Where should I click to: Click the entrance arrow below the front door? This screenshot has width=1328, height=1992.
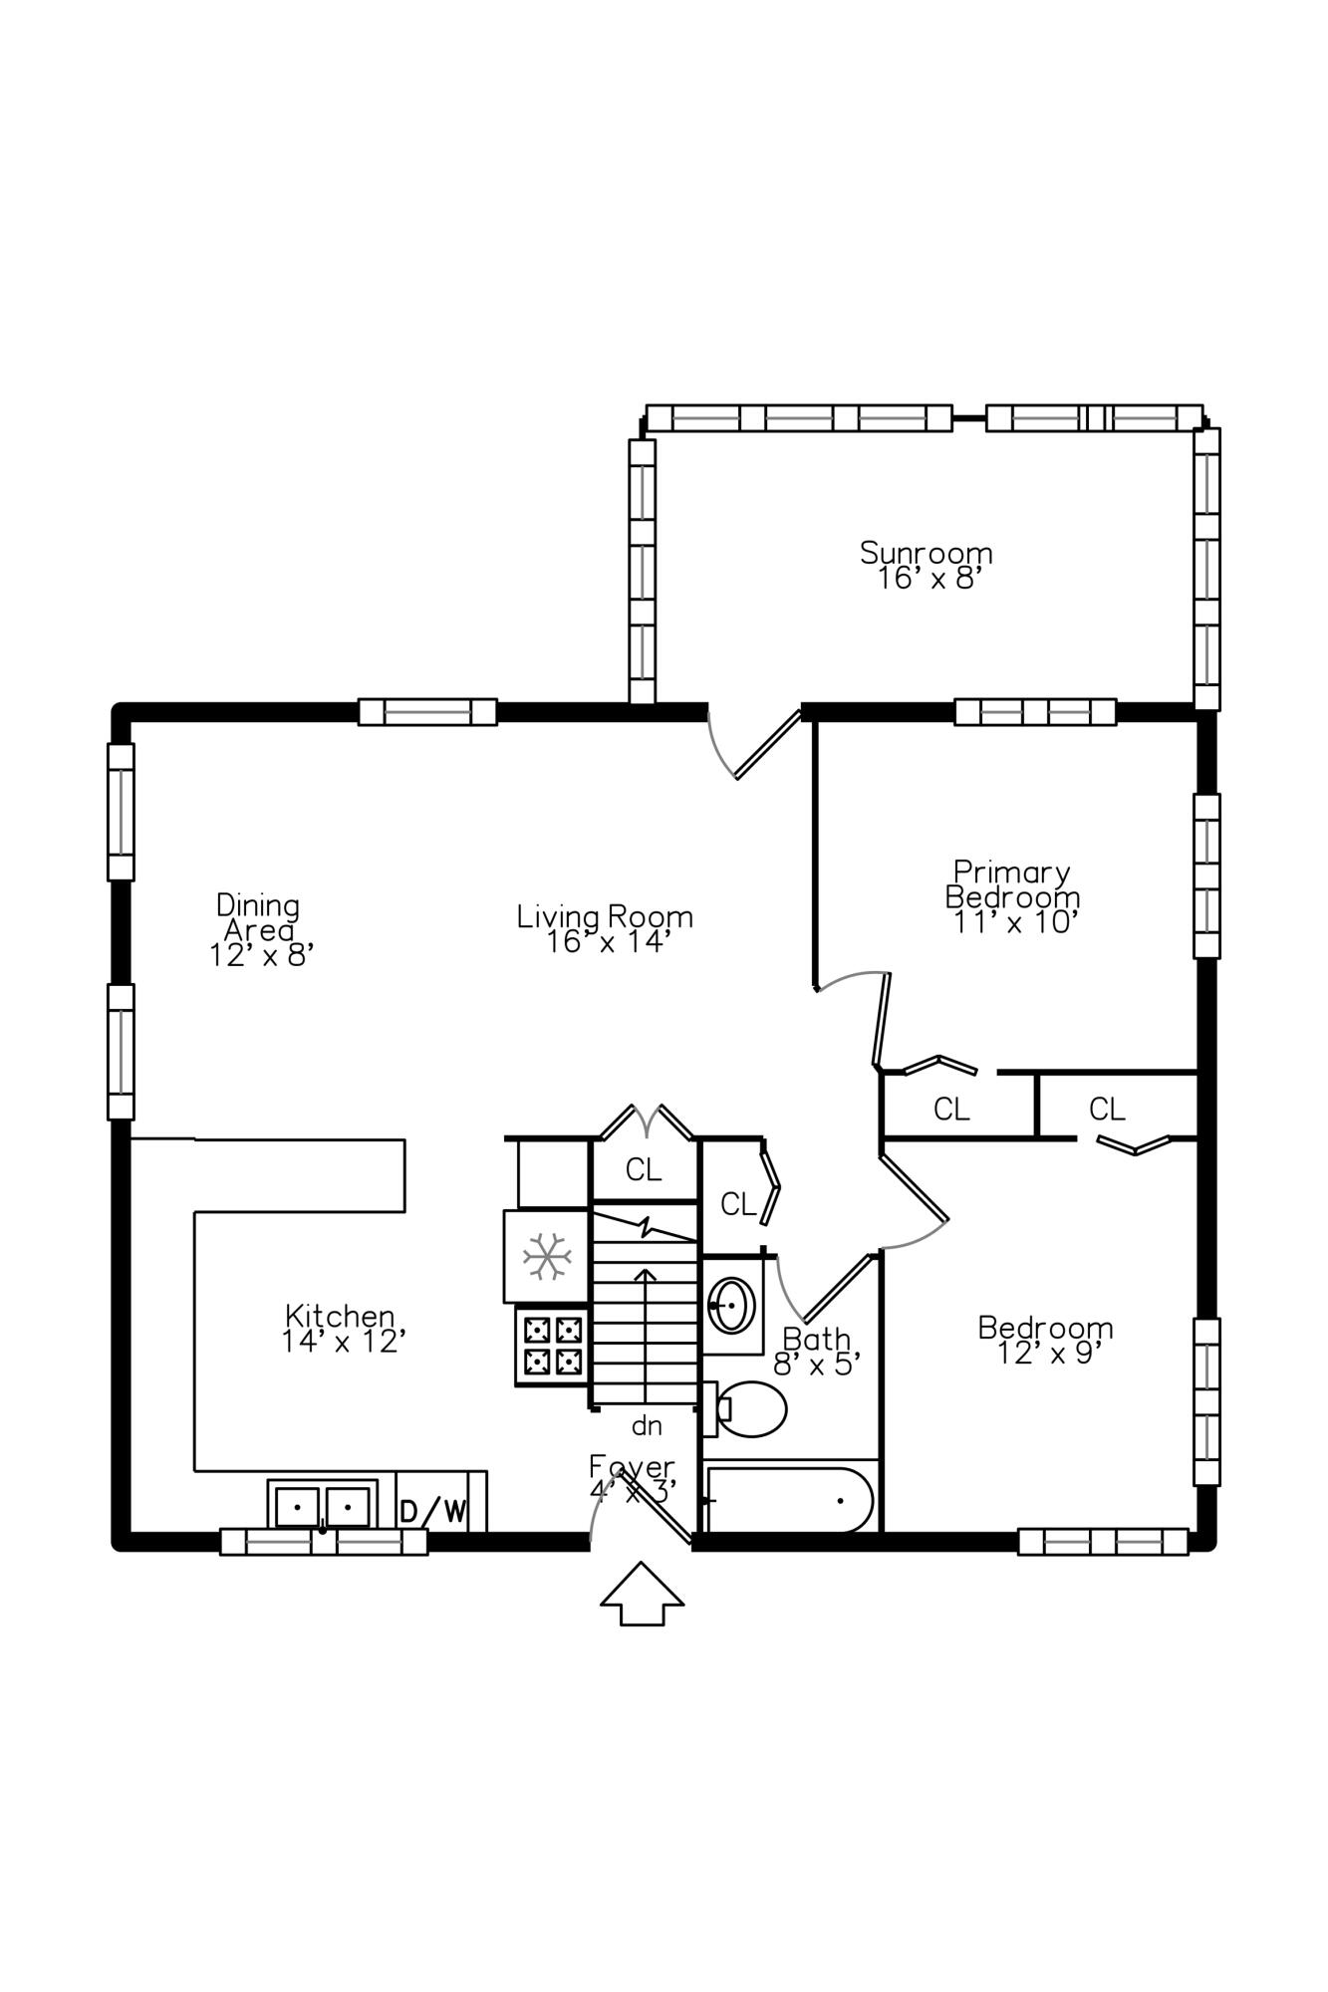[642, 1593]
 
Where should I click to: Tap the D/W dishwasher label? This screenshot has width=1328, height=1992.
[432, 1511]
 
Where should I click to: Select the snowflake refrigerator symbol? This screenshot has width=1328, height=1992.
[547, 1256]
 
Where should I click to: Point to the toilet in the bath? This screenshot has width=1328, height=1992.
[749, 1408]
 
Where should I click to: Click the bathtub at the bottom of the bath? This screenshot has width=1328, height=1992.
[789, 1499]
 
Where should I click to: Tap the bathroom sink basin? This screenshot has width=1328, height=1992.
[731, 1304]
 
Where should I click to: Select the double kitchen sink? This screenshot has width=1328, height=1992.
[322, 1504]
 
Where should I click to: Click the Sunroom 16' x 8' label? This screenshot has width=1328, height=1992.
[927, 565]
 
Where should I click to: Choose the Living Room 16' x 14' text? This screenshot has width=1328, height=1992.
[605, 928]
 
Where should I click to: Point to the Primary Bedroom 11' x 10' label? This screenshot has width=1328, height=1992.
[1012, 897]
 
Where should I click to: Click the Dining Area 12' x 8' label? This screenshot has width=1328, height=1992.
[260, 930]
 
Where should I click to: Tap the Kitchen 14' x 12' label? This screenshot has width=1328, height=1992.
[342, 1329]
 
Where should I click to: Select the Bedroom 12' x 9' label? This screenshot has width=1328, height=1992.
[1045, 1340]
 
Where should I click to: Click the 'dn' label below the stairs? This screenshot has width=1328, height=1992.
[647, 1426]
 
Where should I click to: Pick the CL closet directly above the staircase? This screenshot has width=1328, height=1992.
[644, 1170]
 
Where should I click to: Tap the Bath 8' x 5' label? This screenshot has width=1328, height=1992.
[817, 1351]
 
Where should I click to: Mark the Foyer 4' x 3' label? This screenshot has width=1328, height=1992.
[632, 1478]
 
